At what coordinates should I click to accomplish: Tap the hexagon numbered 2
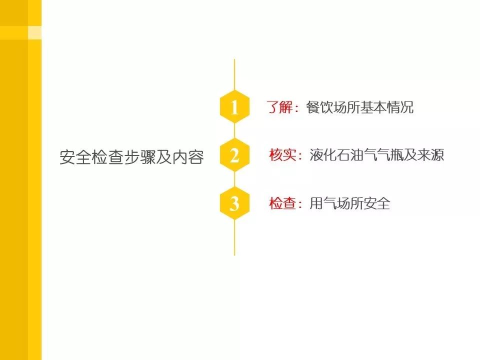[x=234, y=156]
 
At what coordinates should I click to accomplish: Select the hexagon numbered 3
[x=234, y=204]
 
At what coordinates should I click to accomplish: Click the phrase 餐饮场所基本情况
[x=360, y=107]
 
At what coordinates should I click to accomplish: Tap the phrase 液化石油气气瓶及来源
[x=376, y=155]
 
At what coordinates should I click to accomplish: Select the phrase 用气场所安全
[x=349, y=204]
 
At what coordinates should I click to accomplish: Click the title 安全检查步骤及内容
[x=132, y=157]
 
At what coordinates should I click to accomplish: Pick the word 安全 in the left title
[x=75, y=157]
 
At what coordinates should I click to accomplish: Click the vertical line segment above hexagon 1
[x=234, y=75]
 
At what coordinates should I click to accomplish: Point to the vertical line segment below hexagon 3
[x=234, y=237]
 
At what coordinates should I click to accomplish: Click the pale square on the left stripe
[x=34, y=32]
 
